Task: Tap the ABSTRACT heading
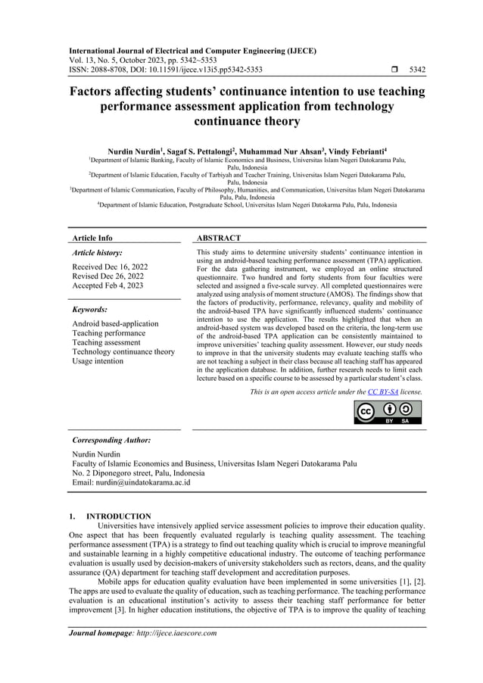[218, 238]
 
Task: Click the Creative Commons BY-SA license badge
[388, 412]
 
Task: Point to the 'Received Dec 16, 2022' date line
[111, 267]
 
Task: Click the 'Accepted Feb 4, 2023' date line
[109, 285]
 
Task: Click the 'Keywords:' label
[89, 310]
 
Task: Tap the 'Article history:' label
[96, 253]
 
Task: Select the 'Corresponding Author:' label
[111, 439]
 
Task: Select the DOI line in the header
[167, 70]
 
